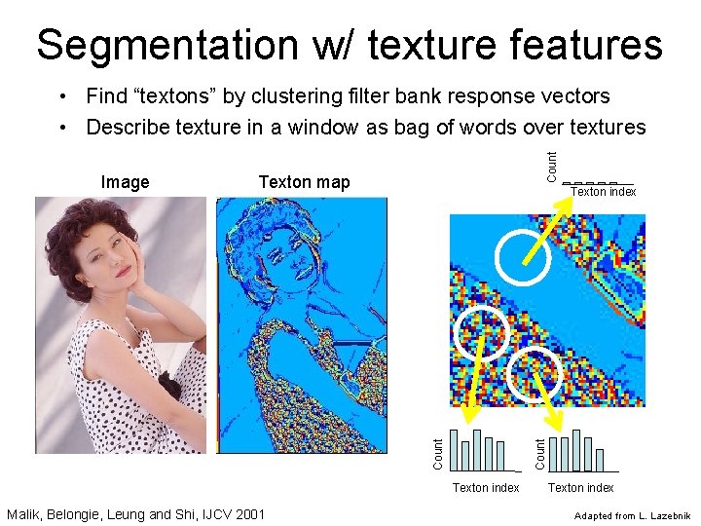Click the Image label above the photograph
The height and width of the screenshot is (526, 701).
click(x=126, y=182)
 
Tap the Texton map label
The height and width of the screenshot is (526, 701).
click(x=304, y=182)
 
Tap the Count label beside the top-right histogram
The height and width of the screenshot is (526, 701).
click(x=552, y=163)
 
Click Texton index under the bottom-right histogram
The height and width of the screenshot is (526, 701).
click(x=580, y=487)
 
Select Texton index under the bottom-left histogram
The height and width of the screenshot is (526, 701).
click(x=486, y=487)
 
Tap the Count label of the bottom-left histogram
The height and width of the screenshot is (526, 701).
click(x=438, y=449)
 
